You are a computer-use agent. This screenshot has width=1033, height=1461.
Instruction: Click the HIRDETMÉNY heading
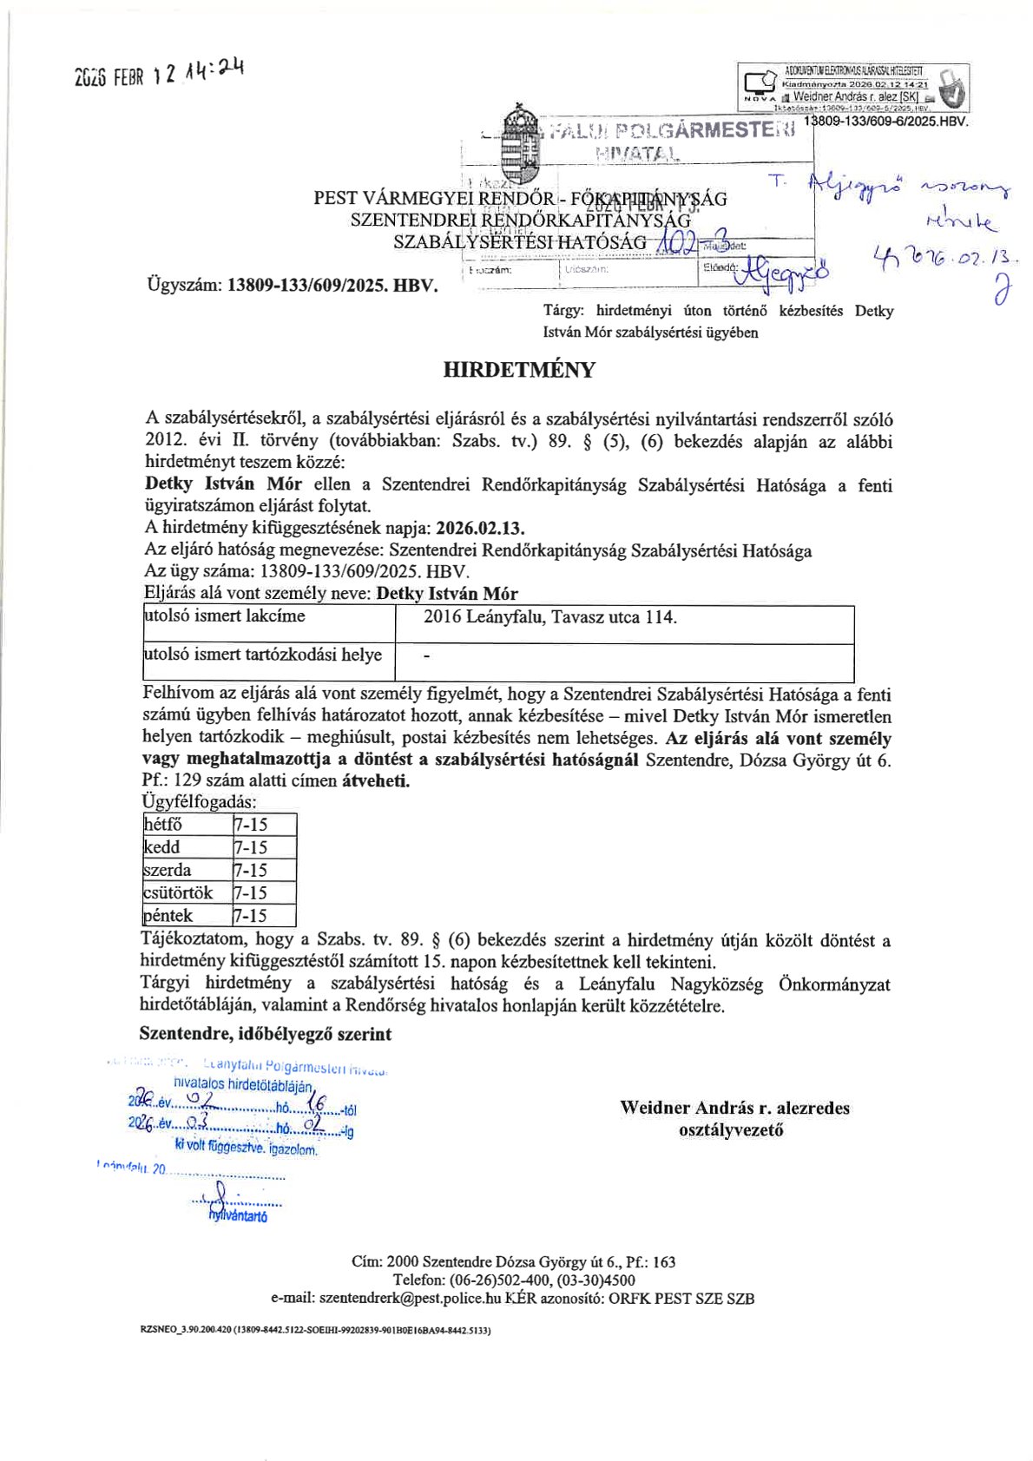519,370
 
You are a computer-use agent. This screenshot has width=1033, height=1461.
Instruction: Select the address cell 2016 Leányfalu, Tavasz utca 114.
549,618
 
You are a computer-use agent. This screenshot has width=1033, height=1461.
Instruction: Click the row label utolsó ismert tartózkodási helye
263,655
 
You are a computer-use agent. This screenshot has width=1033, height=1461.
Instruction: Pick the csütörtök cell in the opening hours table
179,892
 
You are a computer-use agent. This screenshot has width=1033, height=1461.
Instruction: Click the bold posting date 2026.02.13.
481,528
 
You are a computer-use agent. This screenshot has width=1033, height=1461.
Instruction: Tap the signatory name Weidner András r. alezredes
734,1108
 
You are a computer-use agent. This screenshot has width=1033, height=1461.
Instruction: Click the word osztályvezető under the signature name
731,1130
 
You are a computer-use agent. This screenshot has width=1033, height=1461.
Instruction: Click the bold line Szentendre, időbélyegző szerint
265,1034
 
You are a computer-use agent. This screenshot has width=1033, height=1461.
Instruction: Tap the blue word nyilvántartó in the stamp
238,1217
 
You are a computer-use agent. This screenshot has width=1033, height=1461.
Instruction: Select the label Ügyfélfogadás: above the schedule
199,802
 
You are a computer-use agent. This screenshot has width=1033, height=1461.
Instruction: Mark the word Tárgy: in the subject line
563,311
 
